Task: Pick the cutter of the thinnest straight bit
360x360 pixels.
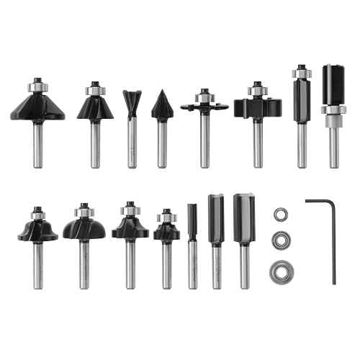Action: (x=192, y=223)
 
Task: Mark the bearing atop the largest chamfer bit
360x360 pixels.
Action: (x=37, y=84)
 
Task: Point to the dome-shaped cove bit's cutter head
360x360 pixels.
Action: (x=84, y=228)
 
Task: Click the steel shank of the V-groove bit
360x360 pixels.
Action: (x=162, y=144)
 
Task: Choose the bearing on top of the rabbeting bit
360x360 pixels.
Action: (x=256, y=91)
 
